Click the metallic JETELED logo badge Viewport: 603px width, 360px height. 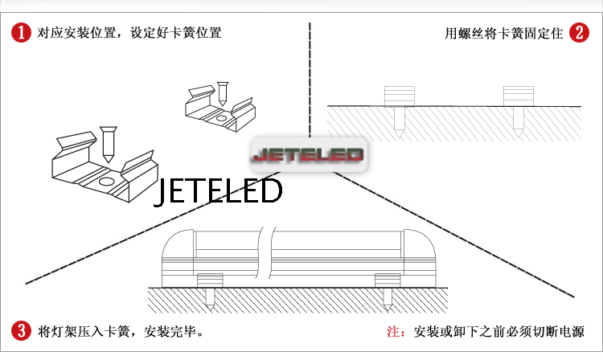(x=308, y=153)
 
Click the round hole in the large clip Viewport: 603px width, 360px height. (x=106, y=182)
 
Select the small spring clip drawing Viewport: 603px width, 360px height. (x=217, y=108)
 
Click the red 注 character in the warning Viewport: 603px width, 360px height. (x=394, y=331)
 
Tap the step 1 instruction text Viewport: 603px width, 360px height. (x=129, y=34)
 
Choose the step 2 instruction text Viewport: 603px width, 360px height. (x=504, y=34)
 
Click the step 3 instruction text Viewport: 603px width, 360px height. (x=121, y=331)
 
